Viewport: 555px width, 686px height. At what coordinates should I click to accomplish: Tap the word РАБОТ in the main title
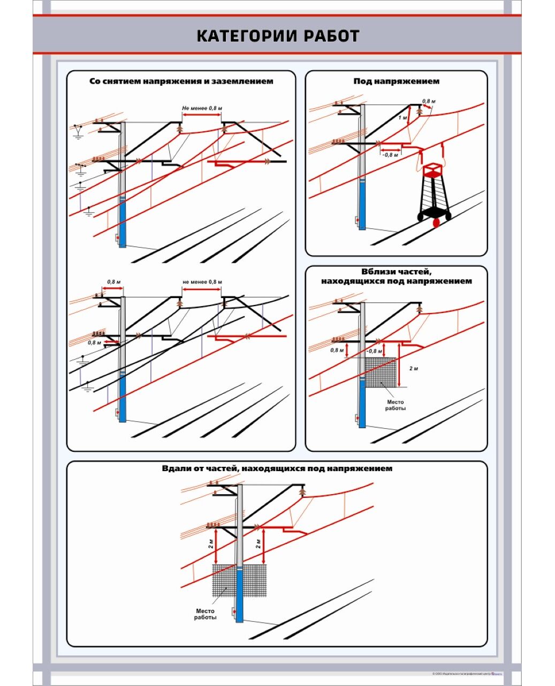point(332,36)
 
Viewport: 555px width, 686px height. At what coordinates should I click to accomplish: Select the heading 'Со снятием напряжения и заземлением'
point(181,81)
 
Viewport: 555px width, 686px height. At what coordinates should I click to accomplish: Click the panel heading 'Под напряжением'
point(396,81)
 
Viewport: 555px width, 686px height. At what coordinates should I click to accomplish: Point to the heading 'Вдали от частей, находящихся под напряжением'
point(277,468)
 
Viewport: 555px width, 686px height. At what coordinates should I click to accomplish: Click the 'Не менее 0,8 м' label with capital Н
point(202,108)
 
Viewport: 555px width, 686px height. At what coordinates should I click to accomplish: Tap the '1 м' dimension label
point(402,117)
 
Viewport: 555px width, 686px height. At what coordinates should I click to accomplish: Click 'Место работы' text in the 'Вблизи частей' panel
point(395,405)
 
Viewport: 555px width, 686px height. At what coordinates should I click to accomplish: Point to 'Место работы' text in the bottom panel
point(206,614)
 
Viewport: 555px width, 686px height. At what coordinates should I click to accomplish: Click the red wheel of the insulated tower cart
point(436,221)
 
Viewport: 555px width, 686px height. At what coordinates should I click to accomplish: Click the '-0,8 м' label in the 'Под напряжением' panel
point(390,155)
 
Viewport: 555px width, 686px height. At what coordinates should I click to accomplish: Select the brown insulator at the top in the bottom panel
point(302,490)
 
